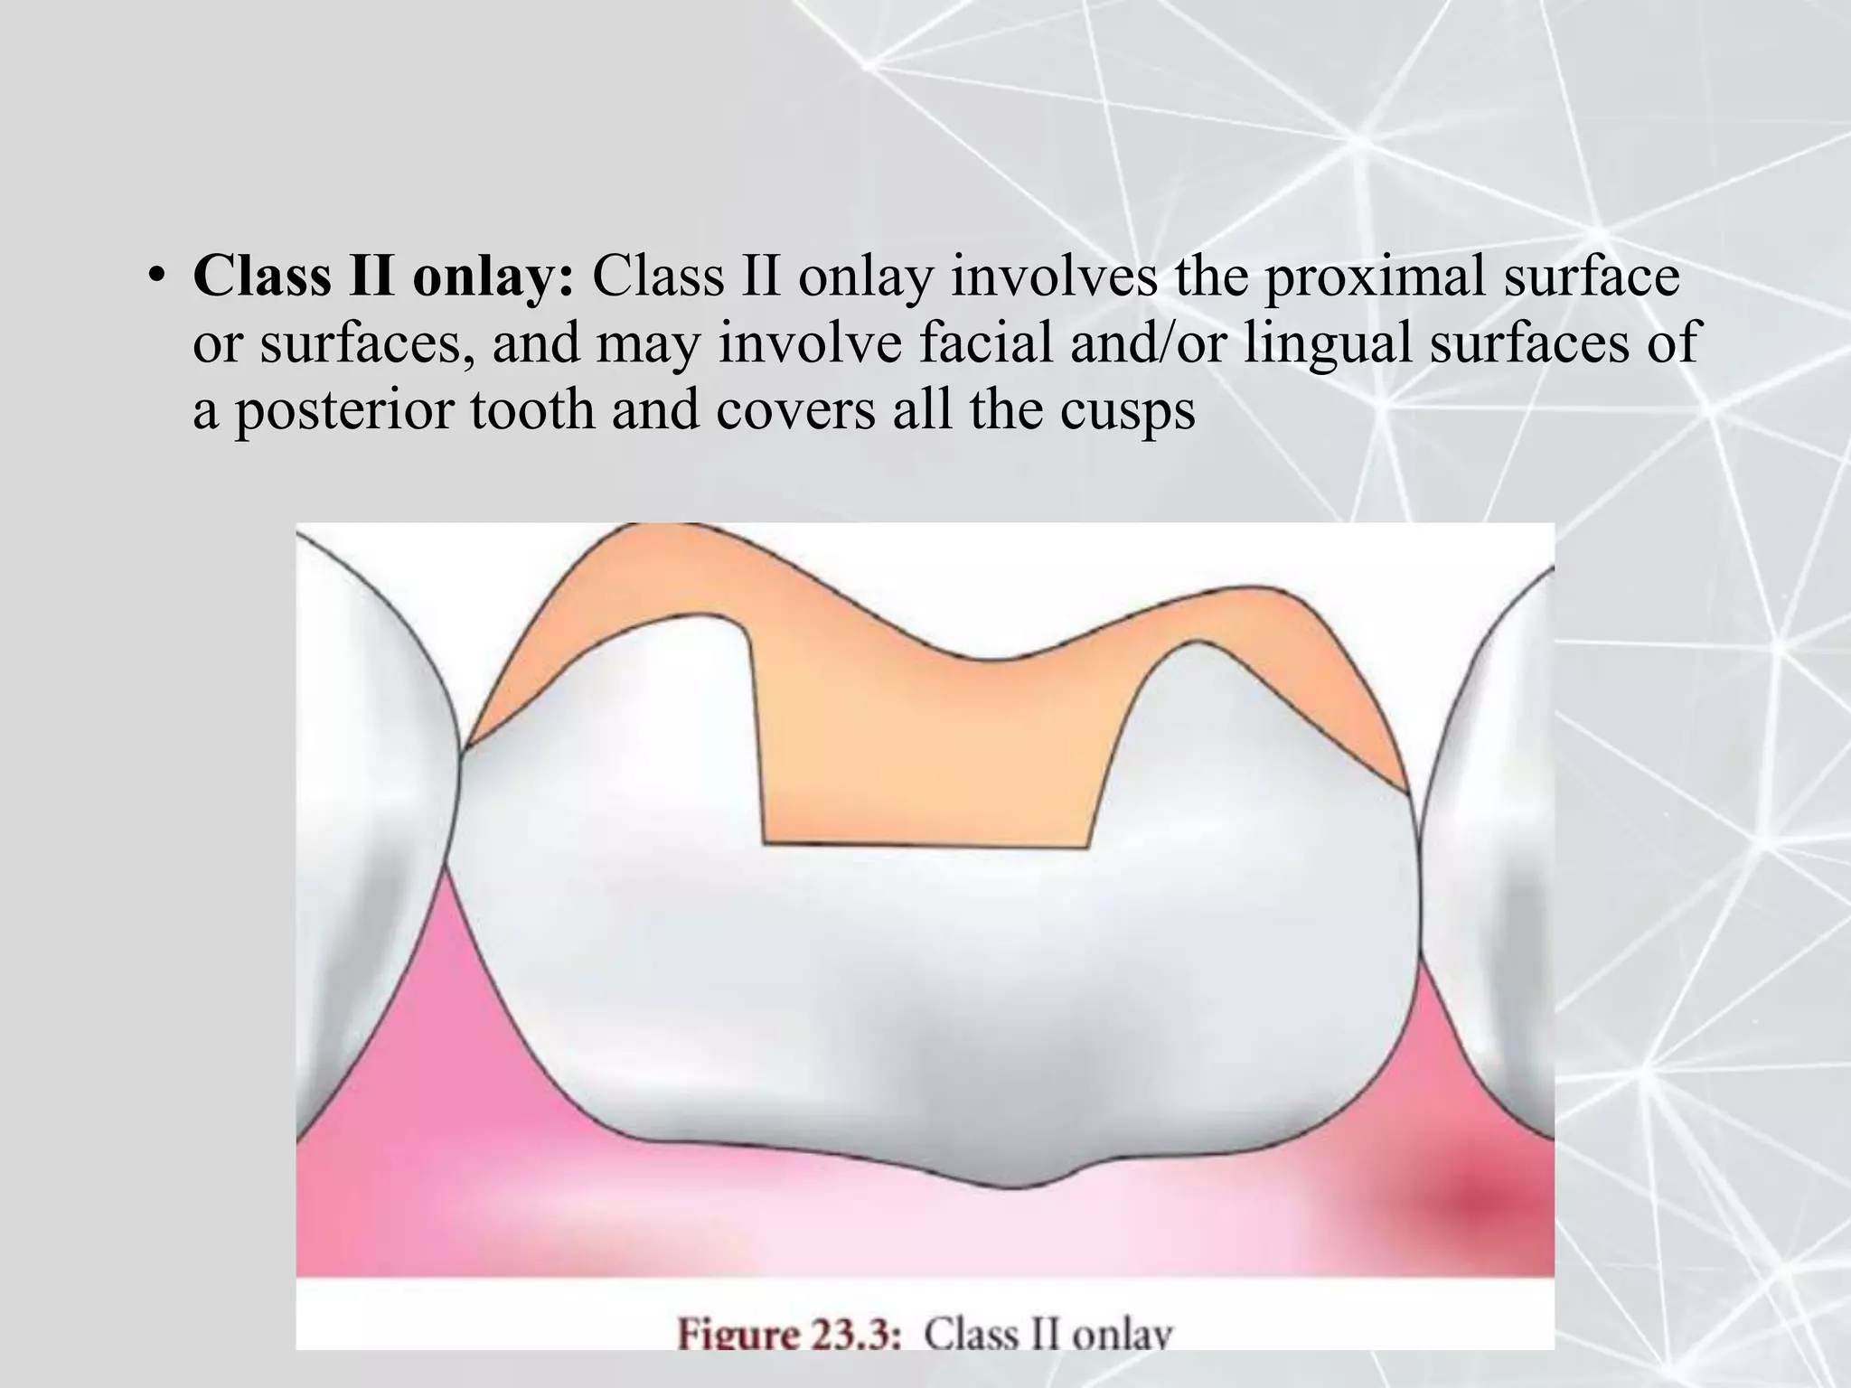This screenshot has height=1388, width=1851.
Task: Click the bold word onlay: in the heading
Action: [x=493, y=276]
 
